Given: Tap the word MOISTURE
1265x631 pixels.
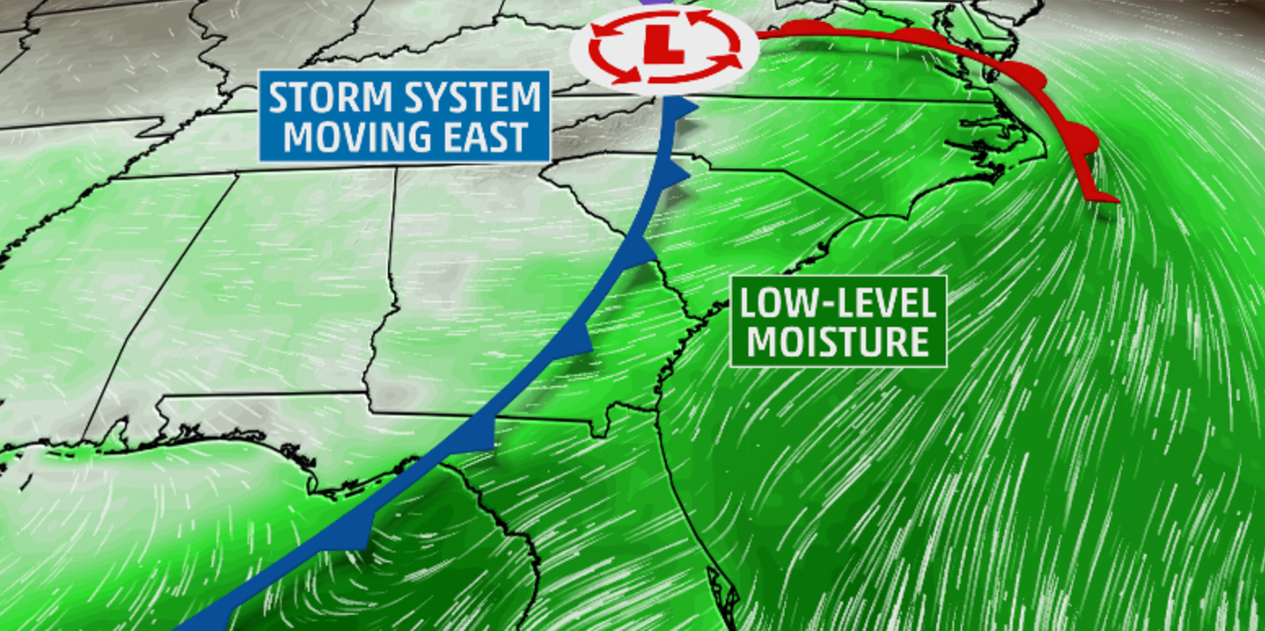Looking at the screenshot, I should (837, 343).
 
